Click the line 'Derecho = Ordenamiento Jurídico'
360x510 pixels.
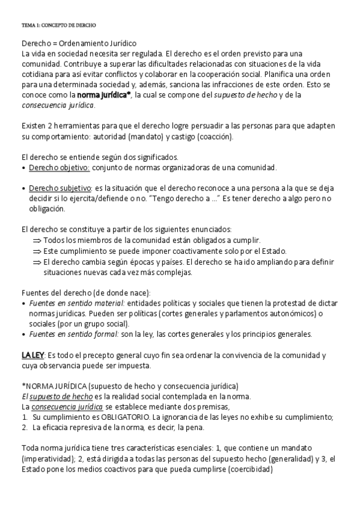click(x=79, y=43)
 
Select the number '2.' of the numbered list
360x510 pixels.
click(x=25, y=428)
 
